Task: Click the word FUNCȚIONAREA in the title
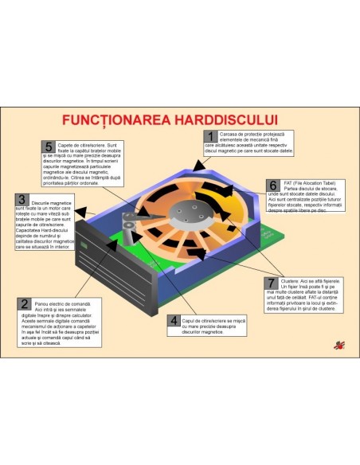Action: coord(115,120)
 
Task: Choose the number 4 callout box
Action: coord(174,322)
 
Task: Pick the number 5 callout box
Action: coord(49,148)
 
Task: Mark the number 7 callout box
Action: coord(272,283)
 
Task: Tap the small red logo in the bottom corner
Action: coord(338,345)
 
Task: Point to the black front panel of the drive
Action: coord(112,263)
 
